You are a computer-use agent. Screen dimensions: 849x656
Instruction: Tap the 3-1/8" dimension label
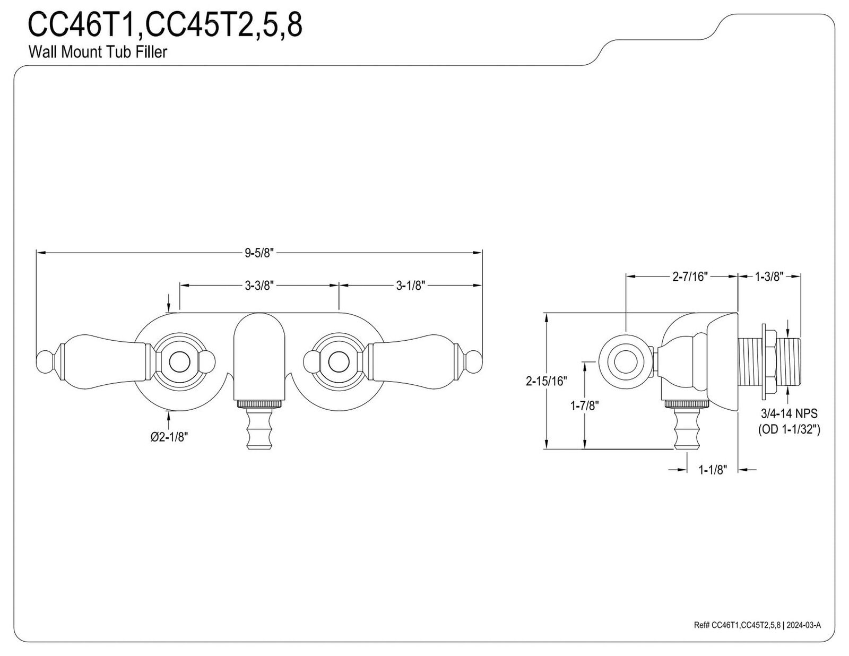pos(410,286)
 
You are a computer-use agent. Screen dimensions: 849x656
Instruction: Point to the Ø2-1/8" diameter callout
pos(169,437)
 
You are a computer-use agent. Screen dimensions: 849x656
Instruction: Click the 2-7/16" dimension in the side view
pos(690,277)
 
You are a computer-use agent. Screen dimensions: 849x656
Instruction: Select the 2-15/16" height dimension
pos(546,381)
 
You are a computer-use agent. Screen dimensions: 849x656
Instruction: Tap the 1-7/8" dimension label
pos(585,406)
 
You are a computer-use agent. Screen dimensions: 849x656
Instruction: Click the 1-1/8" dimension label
pos(713,470)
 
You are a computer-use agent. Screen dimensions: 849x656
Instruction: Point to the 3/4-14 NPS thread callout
pos(789,413)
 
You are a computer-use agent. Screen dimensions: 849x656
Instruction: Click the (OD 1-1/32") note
pos(789,430)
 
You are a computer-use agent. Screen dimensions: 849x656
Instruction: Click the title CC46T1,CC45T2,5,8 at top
pos(165,25)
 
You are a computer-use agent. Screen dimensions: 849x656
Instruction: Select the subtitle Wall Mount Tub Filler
pos(98,52)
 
